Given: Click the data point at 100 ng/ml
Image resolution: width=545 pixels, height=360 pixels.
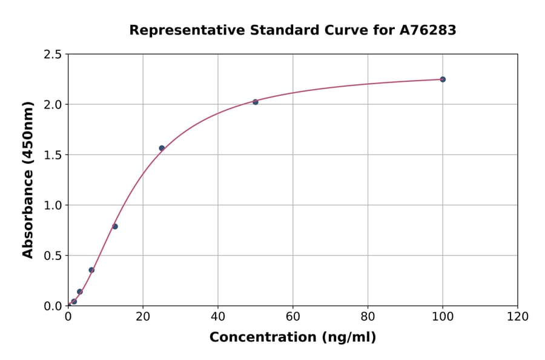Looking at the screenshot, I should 443,79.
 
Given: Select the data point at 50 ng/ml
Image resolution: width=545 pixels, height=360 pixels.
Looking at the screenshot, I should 256,102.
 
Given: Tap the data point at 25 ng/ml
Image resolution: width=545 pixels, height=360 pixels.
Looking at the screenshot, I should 162,148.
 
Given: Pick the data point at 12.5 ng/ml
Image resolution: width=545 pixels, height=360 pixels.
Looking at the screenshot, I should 115,227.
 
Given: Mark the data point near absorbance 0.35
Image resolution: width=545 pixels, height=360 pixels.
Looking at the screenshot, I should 91,270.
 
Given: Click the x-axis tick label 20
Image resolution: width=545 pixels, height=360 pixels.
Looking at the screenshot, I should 143,316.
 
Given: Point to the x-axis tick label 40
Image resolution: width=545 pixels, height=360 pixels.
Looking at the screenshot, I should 218,316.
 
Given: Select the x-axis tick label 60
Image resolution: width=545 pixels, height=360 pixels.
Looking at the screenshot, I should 293,316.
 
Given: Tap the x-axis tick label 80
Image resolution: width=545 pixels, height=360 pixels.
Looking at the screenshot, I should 368,316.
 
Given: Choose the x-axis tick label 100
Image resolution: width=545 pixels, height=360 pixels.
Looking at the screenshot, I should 443,316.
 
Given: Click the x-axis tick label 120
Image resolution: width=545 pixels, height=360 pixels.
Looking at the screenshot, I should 518,316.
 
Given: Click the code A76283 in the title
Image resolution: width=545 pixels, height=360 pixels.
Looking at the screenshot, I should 428,30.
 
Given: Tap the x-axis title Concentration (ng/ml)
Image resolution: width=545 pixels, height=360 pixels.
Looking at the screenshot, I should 292,338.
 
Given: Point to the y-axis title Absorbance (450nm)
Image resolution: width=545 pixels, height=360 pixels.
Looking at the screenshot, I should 28,179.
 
